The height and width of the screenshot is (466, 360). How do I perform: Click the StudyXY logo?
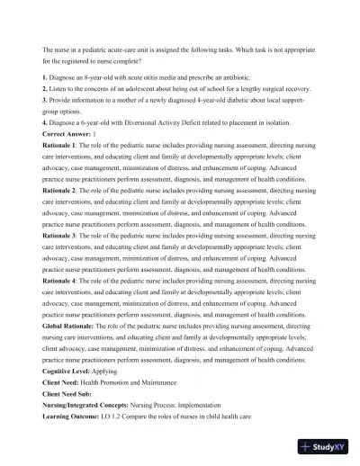tap(325, 445)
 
